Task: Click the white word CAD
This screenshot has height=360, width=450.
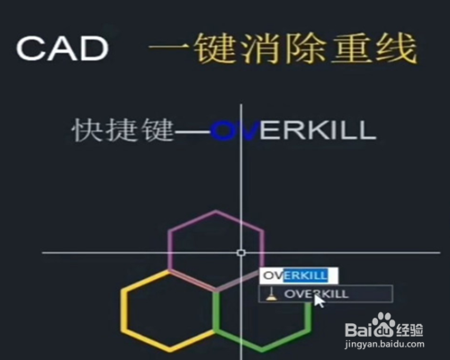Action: point(62,49)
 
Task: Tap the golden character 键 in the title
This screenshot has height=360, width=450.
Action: point(213,49)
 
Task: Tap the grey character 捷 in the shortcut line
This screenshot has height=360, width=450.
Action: point(123,130)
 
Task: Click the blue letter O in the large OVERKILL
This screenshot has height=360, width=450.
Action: point(222,130)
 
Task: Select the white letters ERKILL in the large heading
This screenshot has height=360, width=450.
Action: point(318,130)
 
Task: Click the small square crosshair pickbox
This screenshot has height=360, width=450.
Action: point(241,253)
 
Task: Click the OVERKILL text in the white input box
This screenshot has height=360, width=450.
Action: point(295,275)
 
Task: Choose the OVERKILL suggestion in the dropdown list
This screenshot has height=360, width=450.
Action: point(316,294)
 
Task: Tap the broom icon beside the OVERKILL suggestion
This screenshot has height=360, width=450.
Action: point(271,294)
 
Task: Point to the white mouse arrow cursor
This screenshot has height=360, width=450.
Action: point(319,301)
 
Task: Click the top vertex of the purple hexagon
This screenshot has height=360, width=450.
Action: point(216,211)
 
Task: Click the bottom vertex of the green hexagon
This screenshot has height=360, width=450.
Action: point(261,350)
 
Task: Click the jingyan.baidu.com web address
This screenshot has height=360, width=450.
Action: point(384,344)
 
